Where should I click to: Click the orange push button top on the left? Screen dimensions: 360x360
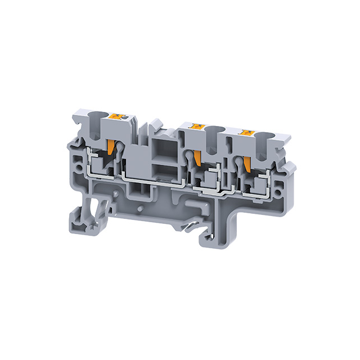120,117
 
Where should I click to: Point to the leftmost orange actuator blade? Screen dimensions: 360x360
111,147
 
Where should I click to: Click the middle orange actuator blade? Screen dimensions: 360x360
197,158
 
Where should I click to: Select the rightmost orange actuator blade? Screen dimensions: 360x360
246,163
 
